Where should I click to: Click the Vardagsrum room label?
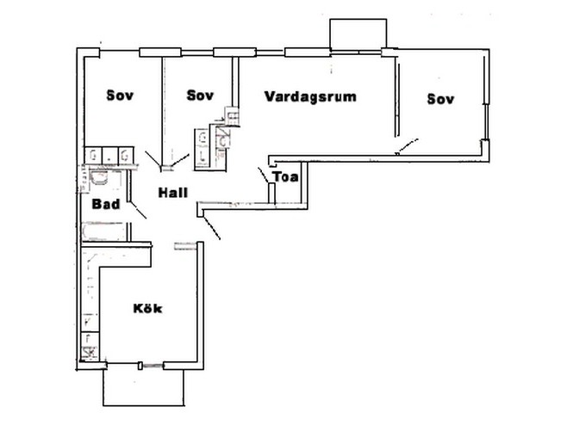(x=310, y=96)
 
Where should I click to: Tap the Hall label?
(x=173, y=193)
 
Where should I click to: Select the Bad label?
(x=106, y=204)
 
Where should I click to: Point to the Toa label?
(x=286, y=177)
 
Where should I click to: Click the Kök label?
(x=148, y=309)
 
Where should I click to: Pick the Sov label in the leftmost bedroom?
(x=120, y=95)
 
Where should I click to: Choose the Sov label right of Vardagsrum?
(x=440, y=99)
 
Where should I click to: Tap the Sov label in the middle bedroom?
(x=200, y=95)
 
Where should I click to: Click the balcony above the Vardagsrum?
(x=358, y=34)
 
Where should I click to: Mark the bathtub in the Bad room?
(x=103, y=231)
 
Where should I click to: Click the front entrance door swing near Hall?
(x=211, y=228)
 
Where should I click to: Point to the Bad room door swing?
(x=138, y=210)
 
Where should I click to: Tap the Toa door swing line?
(x=263, y=176)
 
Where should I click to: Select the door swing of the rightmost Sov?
(x=408, y=146)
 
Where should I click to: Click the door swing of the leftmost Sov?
(x=153, y=159)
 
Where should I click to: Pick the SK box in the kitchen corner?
(x=90, y=351)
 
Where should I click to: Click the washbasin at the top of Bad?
(x=99, y=177)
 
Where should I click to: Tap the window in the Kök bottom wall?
(x=152, y=366)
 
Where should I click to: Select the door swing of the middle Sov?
(x=180, y=160)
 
